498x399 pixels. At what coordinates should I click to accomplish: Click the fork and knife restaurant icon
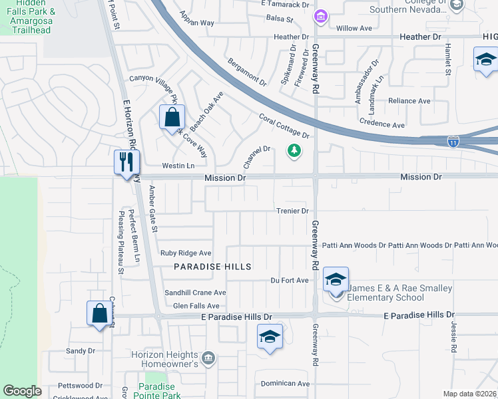coord(124,162)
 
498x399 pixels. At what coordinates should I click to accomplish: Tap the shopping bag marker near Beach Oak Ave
coord(172,117)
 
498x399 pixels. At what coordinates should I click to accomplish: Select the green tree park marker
coord(294,152)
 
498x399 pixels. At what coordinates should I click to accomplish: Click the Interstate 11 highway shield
coord(453,142)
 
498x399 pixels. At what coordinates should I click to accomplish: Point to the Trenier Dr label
coord(292,211)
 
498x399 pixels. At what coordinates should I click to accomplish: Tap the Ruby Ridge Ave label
coord(186,253)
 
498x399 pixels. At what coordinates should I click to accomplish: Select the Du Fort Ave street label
coord(289,281)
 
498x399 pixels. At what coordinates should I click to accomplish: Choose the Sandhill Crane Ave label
coord(196,293)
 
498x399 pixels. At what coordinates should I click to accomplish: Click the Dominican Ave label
coord(286,384)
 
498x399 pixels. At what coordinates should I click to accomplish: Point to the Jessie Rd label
coord(453,338)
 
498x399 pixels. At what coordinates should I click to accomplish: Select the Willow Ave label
coord(354,29)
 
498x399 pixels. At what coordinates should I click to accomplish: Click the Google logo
coord(22,391)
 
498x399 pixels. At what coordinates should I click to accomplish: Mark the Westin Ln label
coord(178,166)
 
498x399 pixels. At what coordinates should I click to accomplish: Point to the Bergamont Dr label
coord(246,73)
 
